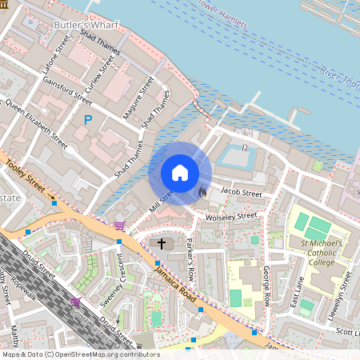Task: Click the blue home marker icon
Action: coord(180,173)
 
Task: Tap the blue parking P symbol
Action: coord(88,120)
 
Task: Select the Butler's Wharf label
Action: coord(86,26)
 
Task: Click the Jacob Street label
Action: coord(241,193)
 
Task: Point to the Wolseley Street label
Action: coord(232,215)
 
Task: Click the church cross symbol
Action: coord(161,242)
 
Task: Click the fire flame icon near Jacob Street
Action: coord(202,192)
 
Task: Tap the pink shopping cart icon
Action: coord(120,226)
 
